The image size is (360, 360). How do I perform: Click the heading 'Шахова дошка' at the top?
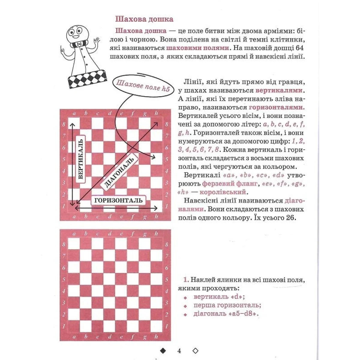point(144,19)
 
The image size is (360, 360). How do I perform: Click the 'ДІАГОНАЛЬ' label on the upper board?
point(119,172)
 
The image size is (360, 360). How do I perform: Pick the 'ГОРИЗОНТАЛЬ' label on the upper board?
point(118,200)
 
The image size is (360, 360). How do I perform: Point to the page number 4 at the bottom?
point(179,343)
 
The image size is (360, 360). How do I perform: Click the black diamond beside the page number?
point(163,342)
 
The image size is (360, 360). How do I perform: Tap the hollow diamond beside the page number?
point(195,342)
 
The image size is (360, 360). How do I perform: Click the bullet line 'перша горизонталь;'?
point(227,305)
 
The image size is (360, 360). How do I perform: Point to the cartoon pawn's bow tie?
point(79,44)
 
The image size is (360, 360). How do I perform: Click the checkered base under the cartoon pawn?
point(87,79)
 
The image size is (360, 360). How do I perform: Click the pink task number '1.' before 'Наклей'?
point(186,280)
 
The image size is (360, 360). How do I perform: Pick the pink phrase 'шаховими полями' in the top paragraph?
point(197,48)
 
